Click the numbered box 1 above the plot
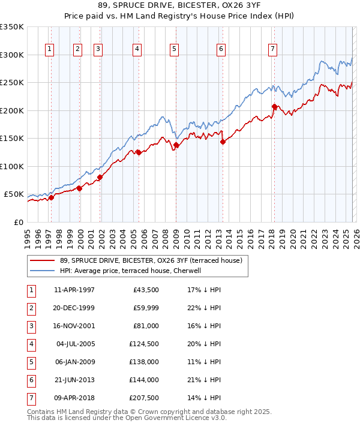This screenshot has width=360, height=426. click(49, 49)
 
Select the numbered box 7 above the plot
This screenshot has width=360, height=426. click(273, 49)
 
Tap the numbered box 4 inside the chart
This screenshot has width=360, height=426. click(137, 49)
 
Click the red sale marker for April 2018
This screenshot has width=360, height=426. click(274, 107)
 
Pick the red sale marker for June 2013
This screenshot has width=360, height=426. click(223, 142)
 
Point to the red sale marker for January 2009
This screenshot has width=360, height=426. click(176, 145)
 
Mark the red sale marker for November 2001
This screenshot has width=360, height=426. click(100, 177)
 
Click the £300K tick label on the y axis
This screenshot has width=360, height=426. click(12, 55)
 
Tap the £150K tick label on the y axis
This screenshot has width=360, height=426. click(12, 138)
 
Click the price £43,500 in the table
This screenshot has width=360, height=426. click(146, 290)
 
